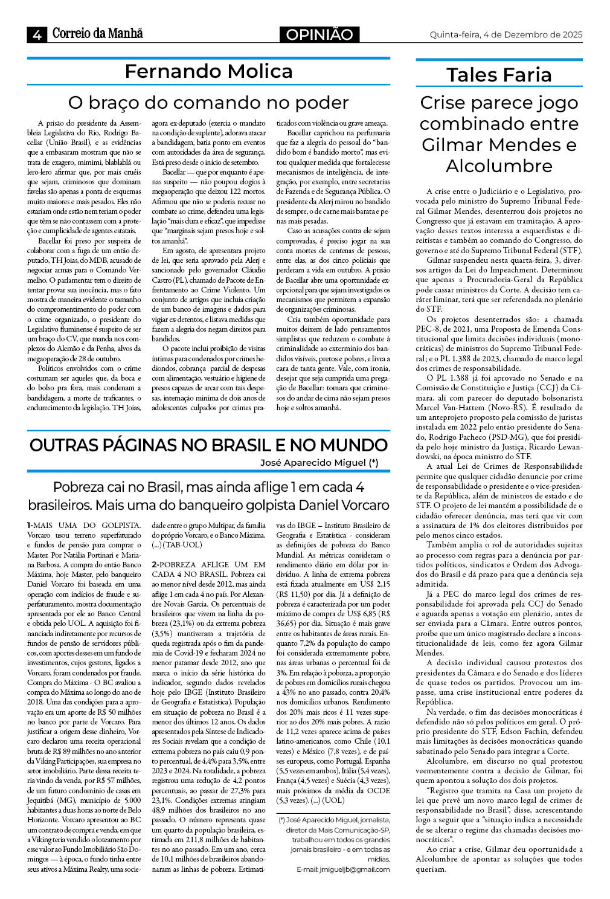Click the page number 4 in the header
point(37,35)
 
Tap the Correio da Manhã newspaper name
point(97,34)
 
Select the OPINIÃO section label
point(319,34)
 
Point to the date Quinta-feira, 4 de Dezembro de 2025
point(506,34)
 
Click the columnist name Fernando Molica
point(208,71)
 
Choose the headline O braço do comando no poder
point(208,103)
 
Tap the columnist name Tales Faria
point(499,75)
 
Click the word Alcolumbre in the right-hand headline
point(499,166)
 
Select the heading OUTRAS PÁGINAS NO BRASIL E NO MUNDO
point(208,445)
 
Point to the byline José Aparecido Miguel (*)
point(319,463)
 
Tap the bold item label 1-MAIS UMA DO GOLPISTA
point(83,526)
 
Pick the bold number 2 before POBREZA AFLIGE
point(154,564)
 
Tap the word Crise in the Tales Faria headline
point(443,103)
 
